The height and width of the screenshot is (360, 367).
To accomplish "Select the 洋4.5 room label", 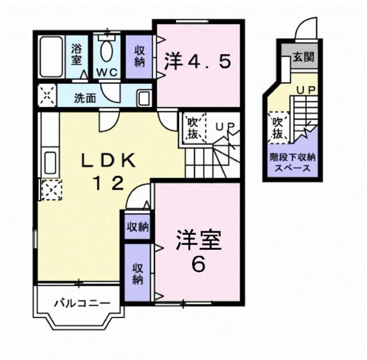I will point(198,61).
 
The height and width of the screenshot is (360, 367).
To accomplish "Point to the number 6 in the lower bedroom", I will point(198,265).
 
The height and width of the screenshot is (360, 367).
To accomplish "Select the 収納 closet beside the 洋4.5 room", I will point(139,56).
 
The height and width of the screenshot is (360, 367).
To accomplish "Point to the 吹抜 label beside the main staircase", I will point(192,129).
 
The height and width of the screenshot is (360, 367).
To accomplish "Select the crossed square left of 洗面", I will point(46,95).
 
